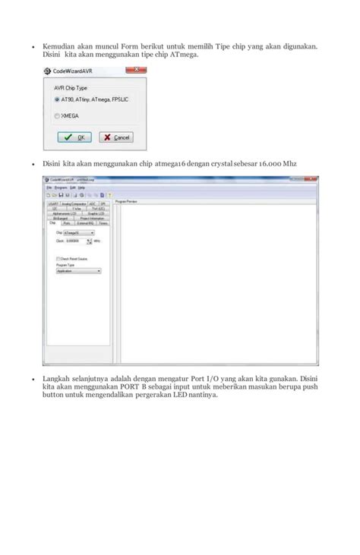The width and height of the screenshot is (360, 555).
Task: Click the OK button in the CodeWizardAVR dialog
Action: pyautogui.click(x=74, y=137)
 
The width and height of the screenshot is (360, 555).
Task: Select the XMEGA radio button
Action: pyautogui.click(x=57, y=115)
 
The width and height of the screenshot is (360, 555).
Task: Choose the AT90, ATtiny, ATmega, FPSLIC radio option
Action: pyautogui.click(x=57, y=99)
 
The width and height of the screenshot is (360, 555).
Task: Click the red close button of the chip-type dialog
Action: pyautogui.click(x=137, y=71)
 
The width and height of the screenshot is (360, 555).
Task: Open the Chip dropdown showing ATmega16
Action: pyautogui.click(x=78, y=232)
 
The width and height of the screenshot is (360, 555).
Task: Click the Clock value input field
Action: pyautogui.click(x=77, y=241)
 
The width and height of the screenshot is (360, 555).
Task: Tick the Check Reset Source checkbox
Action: pyautogui.click(x=58, y=258)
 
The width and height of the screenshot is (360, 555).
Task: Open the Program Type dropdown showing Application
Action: pyautogui.click(x=78, y=270)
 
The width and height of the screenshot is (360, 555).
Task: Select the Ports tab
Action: pyautogui.click(x=67, y=224)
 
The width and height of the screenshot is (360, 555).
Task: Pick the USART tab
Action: pyautogui.click(x=53, y=203)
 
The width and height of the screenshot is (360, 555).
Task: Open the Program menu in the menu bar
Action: pyautogui.click(x=60, y=187)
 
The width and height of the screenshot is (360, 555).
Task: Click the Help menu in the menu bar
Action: pyautogui.click(x=81, y=187)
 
